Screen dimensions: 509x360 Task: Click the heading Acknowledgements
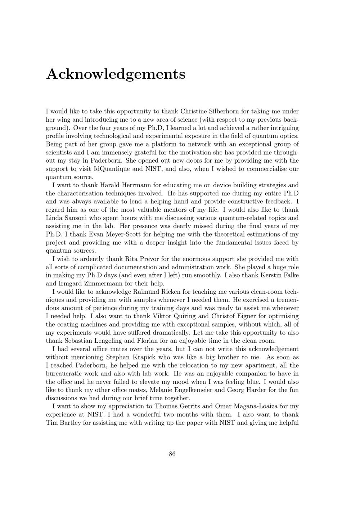click(116, 74)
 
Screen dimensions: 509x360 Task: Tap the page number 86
click(172, 454)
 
